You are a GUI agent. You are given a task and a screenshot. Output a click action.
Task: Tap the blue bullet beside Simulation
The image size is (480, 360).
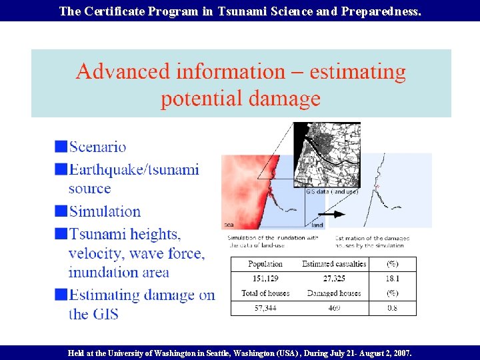pos(61,211)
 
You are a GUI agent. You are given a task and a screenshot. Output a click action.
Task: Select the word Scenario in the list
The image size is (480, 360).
pos(97,147)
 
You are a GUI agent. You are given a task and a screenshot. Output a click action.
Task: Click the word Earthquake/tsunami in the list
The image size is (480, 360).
pos(134,169)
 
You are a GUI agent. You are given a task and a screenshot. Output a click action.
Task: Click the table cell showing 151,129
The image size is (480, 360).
pos(265,278)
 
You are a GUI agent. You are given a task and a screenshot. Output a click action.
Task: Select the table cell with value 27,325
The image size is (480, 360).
pos(333,278)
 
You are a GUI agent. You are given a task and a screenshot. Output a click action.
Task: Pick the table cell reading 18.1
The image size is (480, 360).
pos(393,278)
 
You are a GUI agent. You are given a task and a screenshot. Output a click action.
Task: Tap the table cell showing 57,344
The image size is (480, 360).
pos(265,308)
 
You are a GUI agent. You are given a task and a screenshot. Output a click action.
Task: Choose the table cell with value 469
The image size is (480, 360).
pos(333,308)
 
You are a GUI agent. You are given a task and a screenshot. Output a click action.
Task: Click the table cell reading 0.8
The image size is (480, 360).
pos(393,308)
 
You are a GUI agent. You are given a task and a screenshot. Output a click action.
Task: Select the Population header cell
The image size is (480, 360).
pos(265,264)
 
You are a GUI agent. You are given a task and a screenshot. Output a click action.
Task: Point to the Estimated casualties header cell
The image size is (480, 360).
pos(333,264)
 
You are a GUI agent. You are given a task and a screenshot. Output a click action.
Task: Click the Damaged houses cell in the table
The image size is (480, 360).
pos(333,293)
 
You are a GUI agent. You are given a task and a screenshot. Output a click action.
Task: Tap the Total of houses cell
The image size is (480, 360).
pos(265,293)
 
